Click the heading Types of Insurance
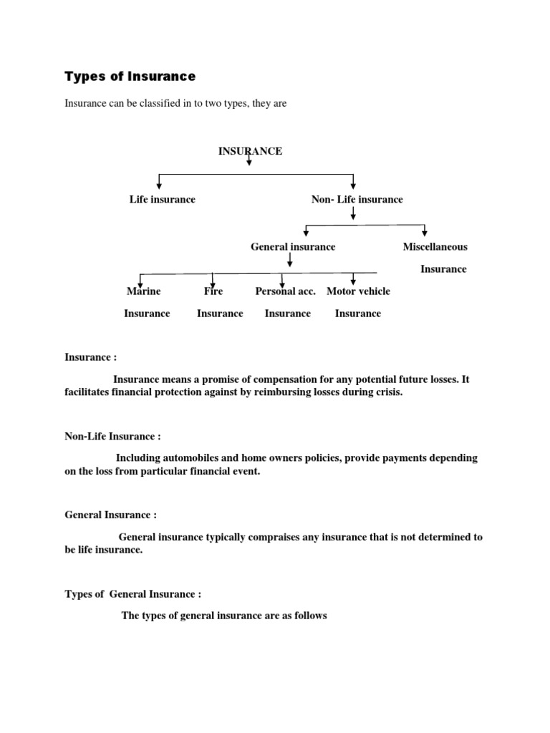pyautogui.click(x=130, y=76)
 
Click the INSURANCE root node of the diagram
pyautogui.click(x=250, y=151)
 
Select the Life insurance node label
pyautogui.click(x=162, y=199)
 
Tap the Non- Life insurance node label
pyautogui.click(x=357, y=199)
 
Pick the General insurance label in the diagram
pyautogui.click(x=292, y=246)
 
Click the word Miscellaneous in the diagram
pyautogui.click(x=435, y=246)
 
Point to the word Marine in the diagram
pyautogui.click(x=143, y=291)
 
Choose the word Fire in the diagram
pyautogui.click(x=213, y=291)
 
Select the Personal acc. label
pyautogui.click(x=285, y=291)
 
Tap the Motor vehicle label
pyautogui.click(x=358, y=291)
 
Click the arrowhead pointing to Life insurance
pyautogui.click(x=159, y=185)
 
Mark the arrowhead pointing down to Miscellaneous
pyautogui.click(x=425, y=233)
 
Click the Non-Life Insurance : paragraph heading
pyautogui.click(x=112, y=436)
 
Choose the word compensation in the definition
pyautogui.click(x=281, y=379)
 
